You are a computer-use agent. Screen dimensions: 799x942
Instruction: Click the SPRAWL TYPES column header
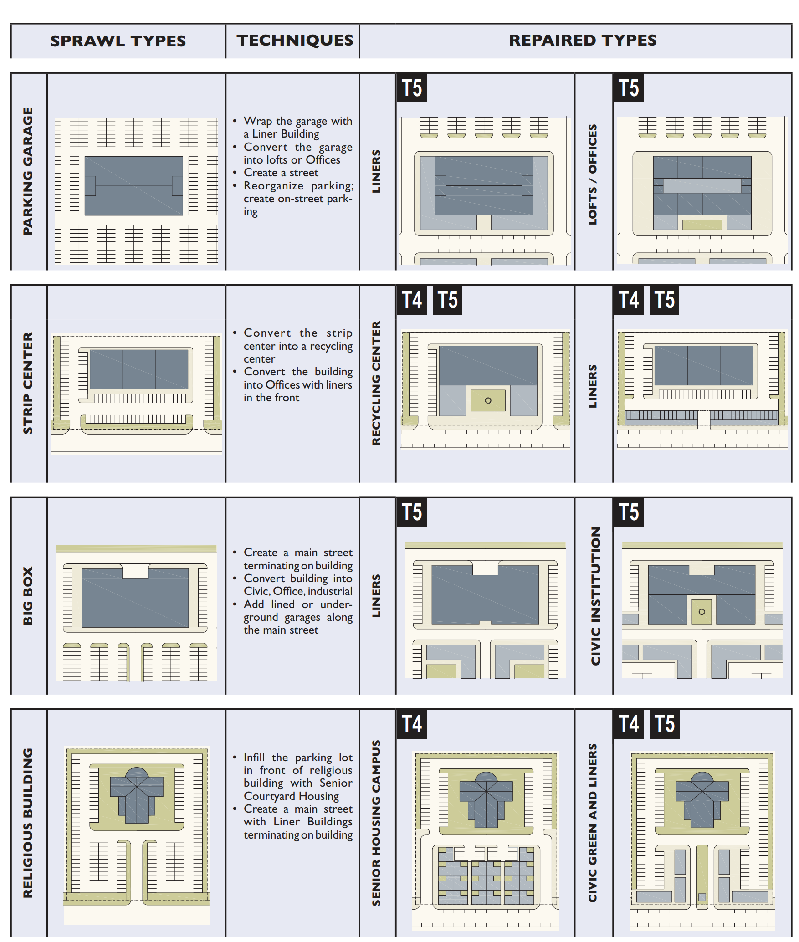[x=118, y=41]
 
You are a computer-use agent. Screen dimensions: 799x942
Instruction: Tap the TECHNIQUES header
[x=295, y=40]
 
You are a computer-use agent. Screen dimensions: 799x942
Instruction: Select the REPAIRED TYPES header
[x=582, y=40]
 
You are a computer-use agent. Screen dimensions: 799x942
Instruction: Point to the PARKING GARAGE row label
[x=28, y=171]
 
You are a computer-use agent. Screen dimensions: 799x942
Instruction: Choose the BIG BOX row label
[x=28, y=595]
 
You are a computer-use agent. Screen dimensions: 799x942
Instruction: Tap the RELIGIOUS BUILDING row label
[x=28, y=822]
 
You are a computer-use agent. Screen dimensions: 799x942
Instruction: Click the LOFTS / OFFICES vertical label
[x=592, y=174]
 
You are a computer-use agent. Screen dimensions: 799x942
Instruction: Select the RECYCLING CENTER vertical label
[x=376, y=383]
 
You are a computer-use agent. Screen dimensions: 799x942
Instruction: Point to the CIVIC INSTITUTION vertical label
[x=595, y=595]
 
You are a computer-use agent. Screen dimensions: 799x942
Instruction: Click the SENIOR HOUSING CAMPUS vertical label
[x=376, y=822]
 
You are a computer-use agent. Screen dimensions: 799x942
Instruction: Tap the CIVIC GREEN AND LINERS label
[x=592, y=822]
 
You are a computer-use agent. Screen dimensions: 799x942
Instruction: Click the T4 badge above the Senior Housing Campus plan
[x=411, y=724]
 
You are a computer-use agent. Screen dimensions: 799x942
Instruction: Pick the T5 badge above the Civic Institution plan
[x=628, y=512]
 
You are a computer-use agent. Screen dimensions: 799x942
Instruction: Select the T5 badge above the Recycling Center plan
[x=447, y=300]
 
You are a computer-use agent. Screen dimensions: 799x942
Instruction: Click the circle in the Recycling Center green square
[x=488, y=400]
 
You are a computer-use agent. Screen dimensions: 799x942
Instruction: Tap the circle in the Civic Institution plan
[x=702, y=612]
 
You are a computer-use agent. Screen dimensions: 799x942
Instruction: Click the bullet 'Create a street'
[x=281, y=173]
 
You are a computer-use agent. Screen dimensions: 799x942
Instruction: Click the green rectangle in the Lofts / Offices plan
[x=702, y=224]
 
